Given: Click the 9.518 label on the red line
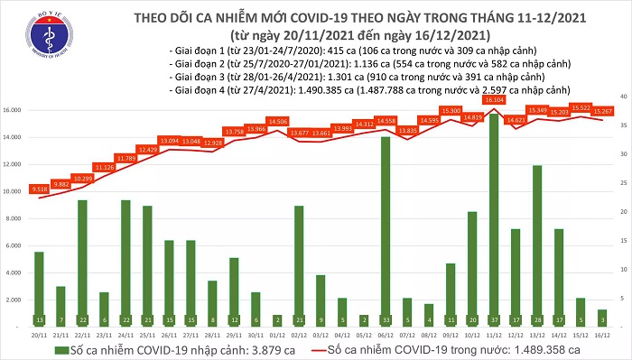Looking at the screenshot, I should (x=39, y=190).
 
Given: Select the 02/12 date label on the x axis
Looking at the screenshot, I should (x=299, y=333).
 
